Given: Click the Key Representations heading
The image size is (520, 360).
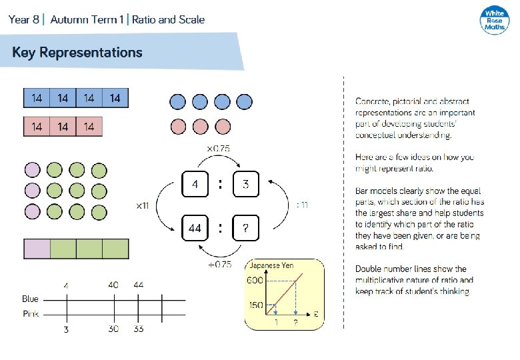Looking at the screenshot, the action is [x=77, y=52].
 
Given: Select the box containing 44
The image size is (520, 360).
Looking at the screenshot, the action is [x=195, y=229].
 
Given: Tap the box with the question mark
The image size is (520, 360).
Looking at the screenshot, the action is [x=245, y=229].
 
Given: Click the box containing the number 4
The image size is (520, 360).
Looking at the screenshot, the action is [x=195, y=184].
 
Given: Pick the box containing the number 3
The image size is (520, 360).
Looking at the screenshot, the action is [x=245, y=184].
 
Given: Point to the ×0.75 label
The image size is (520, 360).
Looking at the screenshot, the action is [x=218, y=148].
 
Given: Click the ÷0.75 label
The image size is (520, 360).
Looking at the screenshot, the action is [x=219, y=264].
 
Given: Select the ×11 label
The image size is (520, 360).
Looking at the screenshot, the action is [x=142, y=206].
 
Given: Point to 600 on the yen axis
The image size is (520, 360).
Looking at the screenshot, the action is [x=255, y=281].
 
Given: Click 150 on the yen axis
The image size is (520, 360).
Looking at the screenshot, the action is [x=255, y=305].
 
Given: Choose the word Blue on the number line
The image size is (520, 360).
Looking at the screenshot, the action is [x=30, y=299].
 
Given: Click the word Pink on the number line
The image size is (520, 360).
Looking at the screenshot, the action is [x=30, y=313].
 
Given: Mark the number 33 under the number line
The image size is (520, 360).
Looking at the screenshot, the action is [x=139, y=329].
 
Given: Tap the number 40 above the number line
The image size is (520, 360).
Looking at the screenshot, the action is [x=113, y=285].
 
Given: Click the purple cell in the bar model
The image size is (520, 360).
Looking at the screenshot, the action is [x=37, y=249].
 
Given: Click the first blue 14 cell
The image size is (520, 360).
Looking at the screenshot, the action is [x=37, y=98].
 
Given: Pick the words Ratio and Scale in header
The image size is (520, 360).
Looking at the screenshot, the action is [x=168, y=19].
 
